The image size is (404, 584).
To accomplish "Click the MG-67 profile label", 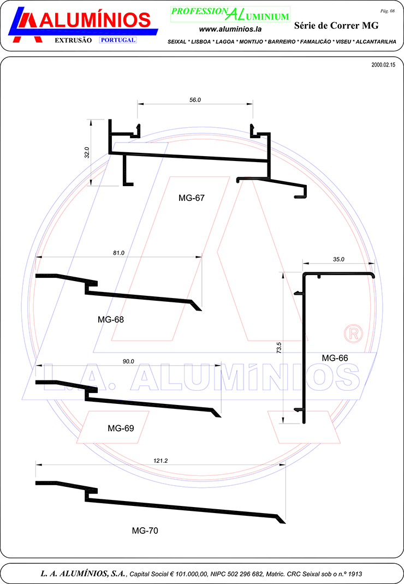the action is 192,198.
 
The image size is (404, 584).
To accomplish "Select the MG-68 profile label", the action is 111,319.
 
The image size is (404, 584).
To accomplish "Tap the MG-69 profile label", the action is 121,428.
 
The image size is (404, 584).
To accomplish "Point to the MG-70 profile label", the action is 145,531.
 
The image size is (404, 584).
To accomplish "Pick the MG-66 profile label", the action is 335,358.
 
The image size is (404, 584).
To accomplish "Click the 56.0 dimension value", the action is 195,100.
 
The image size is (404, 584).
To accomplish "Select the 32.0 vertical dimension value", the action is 87,152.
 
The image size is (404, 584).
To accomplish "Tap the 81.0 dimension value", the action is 118,253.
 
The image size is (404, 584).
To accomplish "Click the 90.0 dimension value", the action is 128,361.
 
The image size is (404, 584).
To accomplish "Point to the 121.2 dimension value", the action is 161,461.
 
